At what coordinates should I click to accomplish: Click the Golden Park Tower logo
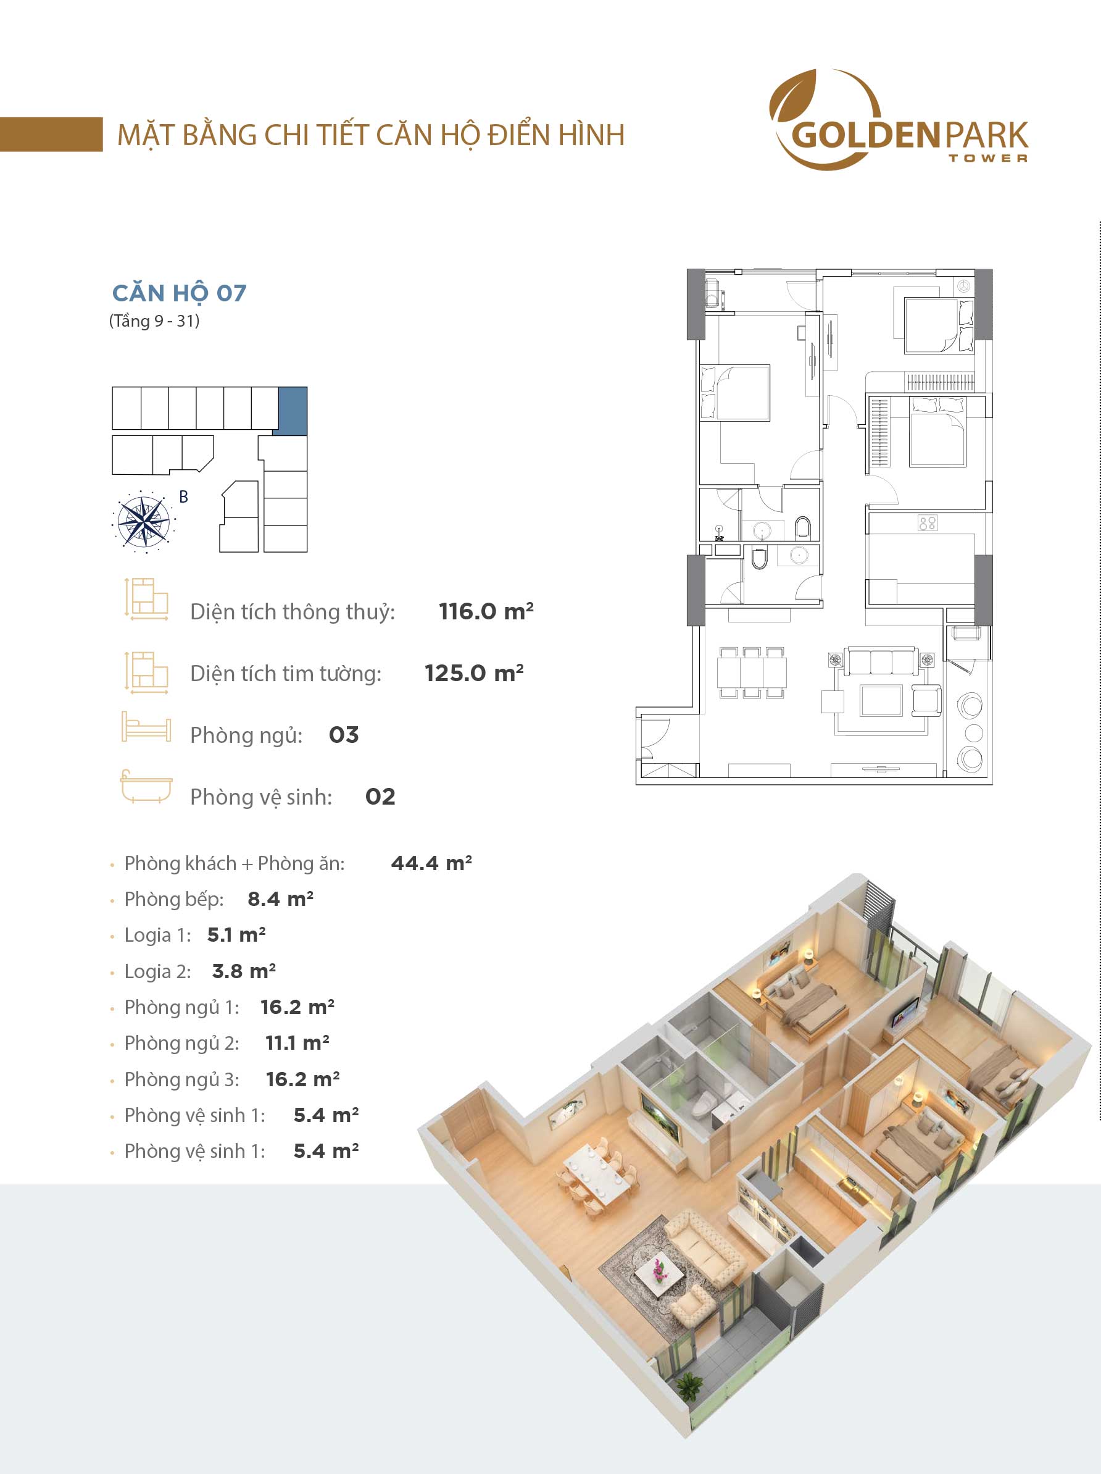(899, 120)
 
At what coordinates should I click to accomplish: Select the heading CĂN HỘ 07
(179, 293)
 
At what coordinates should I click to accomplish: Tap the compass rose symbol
(143, 522)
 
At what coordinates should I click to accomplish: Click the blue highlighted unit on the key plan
(293, 411)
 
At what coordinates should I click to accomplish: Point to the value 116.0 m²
(486, 611)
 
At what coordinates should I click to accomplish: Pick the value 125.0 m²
(474, 672)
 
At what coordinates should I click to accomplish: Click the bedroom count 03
(344, 734)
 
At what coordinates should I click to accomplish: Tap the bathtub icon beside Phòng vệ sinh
(146, 787)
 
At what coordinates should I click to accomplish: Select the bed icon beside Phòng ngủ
(146, 726)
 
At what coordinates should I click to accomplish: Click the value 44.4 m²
(431, 863)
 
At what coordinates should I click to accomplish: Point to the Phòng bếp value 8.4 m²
(280, 899)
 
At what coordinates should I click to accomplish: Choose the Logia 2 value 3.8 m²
(244, 971)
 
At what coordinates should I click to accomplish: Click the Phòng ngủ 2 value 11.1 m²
(297, 1043)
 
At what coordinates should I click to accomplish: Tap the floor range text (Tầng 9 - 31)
(154, 321)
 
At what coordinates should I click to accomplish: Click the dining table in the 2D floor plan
(752, 672)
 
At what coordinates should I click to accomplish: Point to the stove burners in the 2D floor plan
(927, 522)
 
